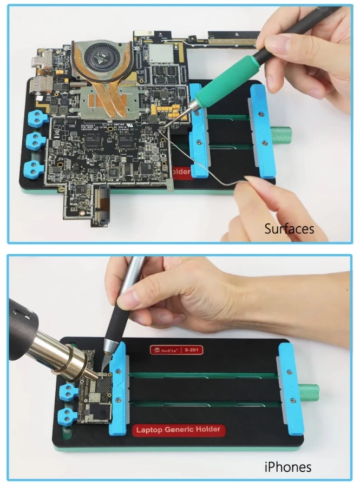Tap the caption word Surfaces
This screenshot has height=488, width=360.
click(289, 228)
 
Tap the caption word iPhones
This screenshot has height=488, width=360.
click(288, 466)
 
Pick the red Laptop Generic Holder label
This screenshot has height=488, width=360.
click(178, 430)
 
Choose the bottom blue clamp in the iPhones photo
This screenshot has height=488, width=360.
click(68, 416)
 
